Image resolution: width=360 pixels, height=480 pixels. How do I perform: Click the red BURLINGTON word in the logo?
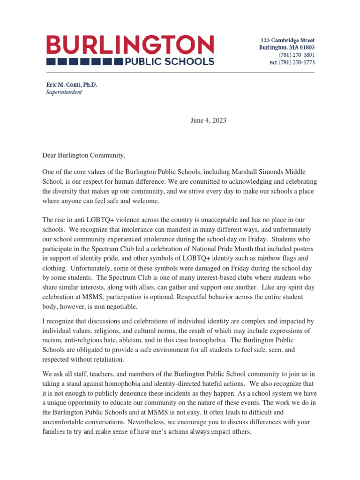(130, 45)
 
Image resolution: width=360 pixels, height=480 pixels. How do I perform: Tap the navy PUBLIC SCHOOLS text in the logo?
(169, 61)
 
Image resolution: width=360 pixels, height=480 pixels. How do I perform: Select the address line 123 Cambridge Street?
(287, 40)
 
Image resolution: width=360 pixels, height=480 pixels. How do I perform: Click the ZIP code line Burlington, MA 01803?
(287, 48)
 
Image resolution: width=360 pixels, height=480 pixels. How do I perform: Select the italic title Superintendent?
(64, 92)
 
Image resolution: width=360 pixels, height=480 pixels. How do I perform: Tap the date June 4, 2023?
(208, 120)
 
